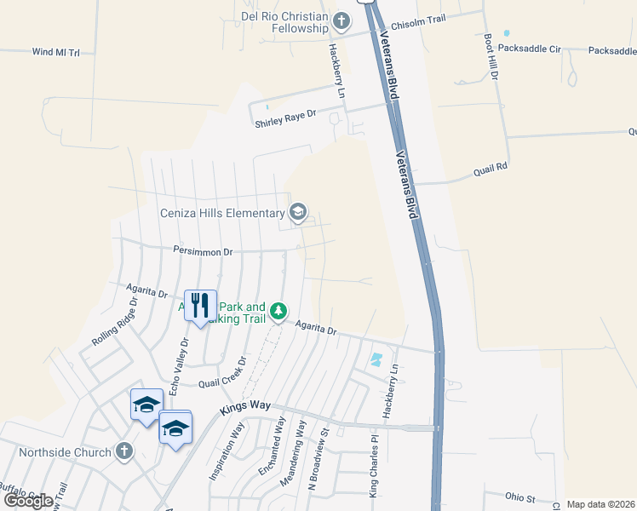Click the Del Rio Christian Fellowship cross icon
(x=341, y=21)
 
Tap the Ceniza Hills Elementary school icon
(x=298, y=212)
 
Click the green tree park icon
(x=278, y=313)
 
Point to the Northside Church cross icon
(x=124, y=451)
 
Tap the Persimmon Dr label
(x=204, y=252)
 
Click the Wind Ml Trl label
(x=55, y=52)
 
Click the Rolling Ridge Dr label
(x=115, y=323)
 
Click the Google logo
(x=28, y=501)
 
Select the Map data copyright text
(x=600, y=504)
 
